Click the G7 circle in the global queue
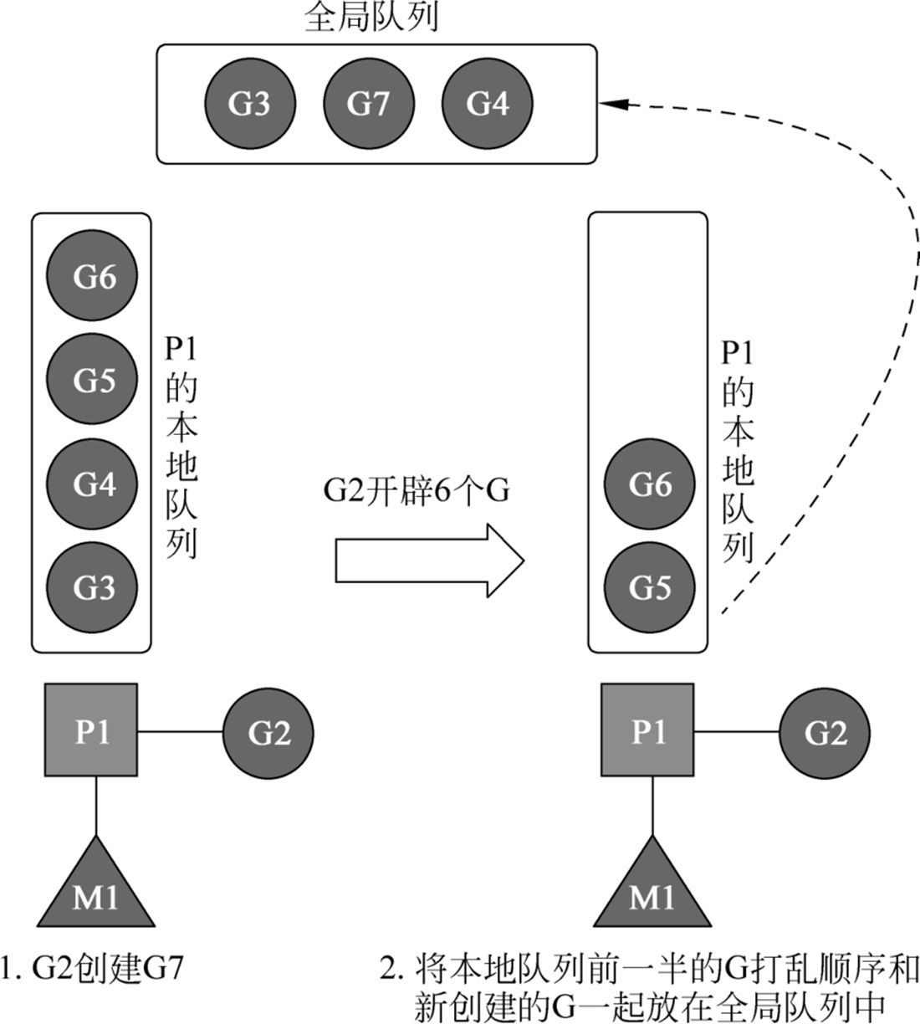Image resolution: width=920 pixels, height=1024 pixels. pos(369,104)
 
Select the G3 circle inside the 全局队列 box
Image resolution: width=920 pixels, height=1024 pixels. pos(249,104)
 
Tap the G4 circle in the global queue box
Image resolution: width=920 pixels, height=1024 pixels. pos(488,104)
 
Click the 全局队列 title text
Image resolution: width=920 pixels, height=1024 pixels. pos(371,18)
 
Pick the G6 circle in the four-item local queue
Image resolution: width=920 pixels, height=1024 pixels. pos(92,277)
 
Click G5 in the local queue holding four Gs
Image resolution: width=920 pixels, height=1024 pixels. pos(92,381)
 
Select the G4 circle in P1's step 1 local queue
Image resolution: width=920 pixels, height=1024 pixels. pos(92,484)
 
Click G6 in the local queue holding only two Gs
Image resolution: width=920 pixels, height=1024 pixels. pos(649,484)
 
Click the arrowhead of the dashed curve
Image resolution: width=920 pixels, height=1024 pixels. pos(613,104)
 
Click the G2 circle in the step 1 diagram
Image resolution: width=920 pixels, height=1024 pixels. pos(268,733)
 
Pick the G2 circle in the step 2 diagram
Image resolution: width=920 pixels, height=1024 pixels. pos(825,733)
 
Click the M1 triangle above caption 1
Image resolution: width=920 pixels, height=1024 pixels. pos(95,891)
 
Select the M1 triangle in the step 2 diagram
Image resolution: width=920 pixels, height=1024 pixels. pos(652,891)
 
